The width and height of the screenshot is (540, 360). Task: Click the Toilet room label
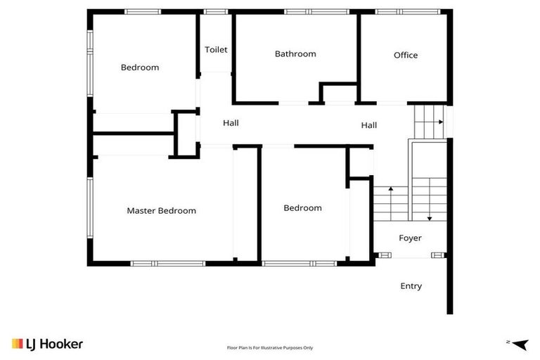pos(216,50)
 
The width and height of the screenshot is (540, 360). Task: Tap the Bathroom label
pos(295,54)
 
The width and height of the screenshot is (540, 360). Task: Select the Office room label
pos(406,56)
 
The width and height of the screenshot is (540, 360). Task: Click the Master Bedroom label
pos(161,211)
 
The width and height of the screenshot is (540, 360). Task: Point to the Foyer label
pos(410,238)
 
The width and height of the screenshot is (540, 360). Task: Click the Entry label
pos(411,286)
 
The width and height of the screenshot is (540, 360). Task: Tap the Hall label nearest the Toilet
pos(231,123)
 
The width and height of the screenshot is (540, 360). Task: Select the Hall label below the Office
pos(369,126)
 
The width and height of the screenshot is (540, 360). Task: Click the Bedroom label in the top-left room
pos(140,68)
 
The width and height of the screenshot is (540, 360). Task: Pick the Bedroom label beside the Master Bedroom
pos(302,208)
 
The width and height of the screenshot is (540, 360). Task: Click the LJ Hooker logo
pos(48,344)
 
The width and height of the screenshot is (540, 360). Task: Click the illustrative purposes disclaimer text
pos(270,347)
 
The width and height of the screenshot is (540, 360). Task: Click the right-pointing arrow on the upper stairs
pos(439,122)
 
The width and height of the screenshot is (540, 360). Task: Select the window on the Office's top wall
pos(408,11)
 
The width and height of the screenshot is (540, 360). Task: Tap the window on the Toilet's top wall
pos(216,11)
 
